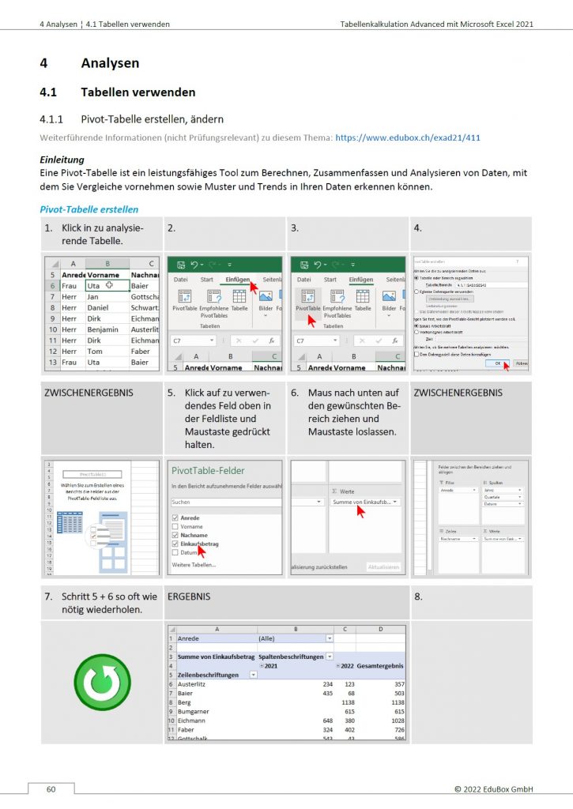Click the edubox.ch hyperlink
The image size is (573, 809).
click(408, 137)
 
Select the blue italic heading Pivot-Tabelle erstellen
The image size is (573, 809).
click(89, 209)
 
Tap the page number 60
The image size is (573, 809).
click(51, 788)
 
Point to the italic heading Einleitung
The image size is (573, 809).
click(62, 160)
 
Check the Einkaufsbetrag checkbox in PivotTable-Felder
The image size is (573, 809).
click(175, 544)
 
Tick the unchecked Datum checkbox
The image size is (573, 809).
click(175, 553)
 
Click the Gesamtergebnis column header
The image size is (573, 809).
click(381, 666)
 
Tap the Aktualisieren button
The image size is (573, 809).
click(383, 566)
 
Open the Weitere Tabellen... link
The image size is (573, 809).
click(193, 565)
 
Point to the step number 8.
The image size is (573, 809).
click(419, 597)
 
